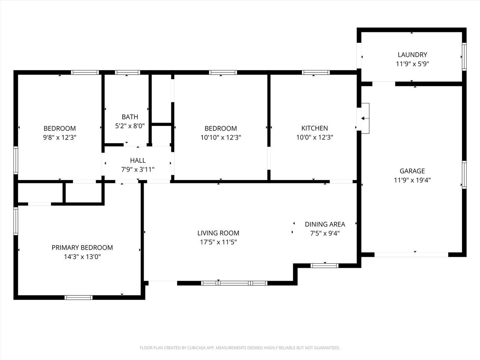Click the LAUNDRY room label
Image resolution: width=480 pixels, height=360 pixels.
[x=412, y=55]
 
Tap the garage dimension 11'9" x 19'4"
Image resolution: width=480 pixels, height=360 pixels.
[x=412, y=180]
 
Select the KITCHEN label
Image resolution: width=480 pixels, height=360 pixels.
[x=315, y=128]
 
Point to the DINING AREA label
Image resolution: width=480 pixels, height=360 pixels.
[x=325, y=224]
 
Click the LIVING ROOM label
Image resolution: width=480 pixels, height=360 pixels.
[x=218, y=233]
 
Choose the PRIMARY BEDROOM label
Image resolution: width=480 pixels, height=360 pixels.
[x=82, y=247]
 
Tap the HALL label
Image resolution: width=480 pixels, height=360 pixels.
[x=138, y=160]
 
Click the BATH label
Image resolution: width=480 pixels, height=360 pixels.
[x=130, y=117]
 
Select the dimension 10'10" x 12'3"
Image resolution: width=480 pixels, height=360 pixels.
[x=220, y=138]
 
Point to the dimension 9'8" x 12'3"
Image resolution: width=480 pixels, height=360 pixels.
[x=60, y=138]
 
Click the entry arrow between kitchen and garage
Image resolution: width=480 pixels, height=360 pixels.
[x=363, y=118]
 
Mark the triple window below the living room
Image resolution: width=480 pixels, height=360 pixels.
[x=234, y=283]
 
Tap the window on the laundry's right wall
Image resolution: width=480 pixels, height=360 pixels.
[x=464, y=57]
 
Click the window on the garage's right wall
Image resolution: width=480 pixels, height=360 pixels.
[x=464, y=174]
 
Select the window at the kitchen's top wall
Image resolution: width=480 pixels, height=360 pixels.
[x=316, y=72]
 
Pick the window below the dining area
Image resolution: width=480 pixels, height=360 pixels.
[x=325, y=265]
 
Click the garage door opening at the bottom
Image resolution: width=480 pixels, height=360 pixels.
[x=411, y=254]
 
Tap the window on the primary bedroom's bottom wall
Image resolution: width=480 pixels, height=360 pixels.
[x=78, y=297]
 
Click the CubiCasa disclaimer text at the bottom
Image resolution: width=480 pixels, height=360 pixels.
[x=240, y=348]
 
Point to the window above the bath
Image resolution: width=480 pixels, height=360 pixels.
[x=127, y=72]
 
